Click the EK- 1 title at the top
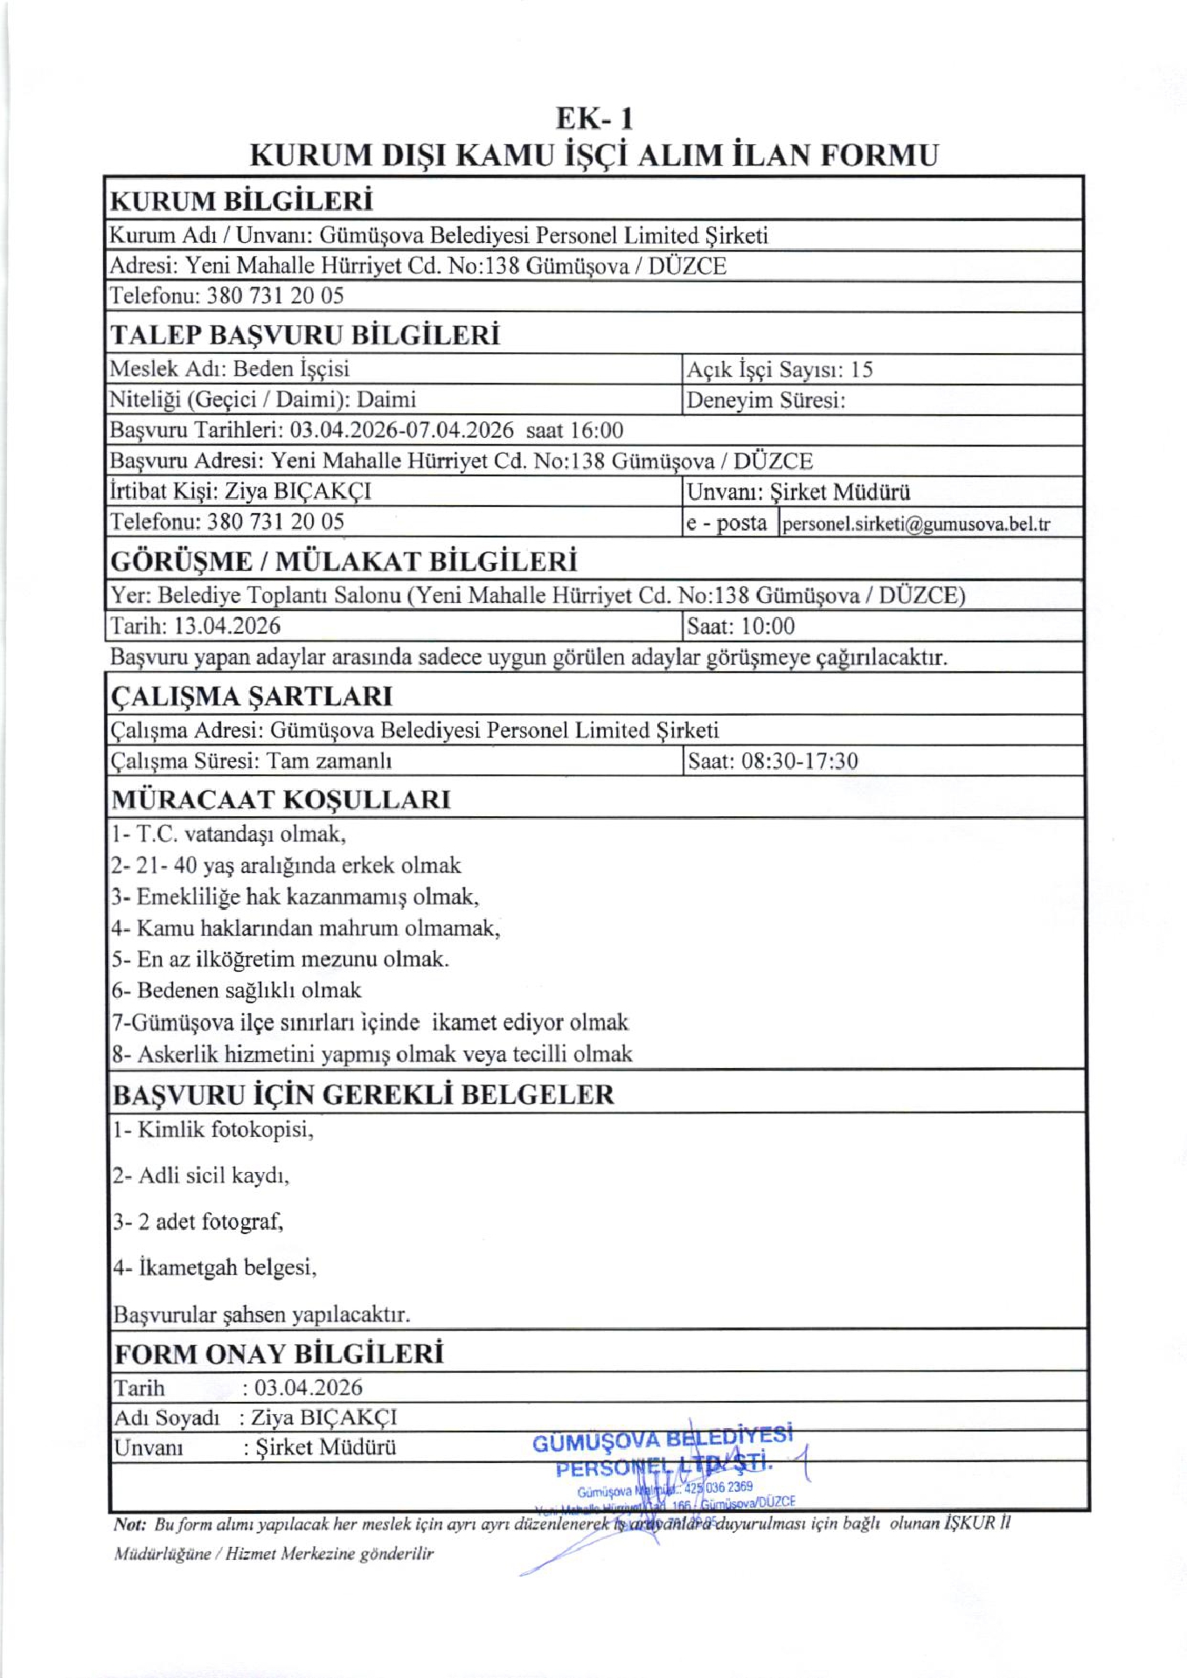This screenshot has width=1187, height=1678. pos(594,118)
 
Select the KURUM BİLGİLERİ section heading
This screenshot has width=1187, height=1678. pos(241,201)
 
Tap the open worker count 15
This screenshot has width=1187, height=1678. pos(862,370)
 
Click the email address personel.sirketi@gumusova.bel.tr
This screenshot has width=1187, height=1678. pos(916,524)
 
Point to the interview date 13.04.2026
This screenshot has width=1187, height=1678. pos(227,626)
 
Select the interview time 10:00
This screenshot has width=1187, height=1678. pos(768,626)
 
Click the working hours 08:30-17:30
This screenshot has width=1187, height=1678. pos(800,760)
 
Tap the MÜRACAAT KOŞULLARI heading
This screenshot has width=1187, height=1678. pos(281,800)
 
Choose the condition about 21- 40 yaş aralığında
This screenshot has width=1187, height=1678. pos(286,865)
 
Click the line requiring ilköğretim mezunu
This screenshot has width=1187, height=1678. pos(281,959)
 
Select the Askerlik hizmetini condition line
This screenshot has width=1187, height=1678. pos(372,1054)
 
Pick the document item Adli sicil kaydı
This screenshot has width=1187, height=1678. pos(201,1175)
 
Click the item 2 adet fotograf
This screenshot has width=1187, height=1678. pos(198,1221)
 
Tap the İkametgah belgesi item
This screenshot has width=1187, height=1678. pos(215,1267)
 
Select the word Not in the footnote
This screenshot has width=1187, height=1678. pos(129,1524)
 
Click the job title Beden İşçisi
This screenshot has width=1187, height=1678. pos(291,369)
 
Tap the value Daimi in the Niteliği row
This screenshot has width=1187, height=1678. pos(386,399)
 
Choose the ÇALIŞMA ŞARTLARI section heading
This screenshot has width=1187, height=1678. pos(252,697)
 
